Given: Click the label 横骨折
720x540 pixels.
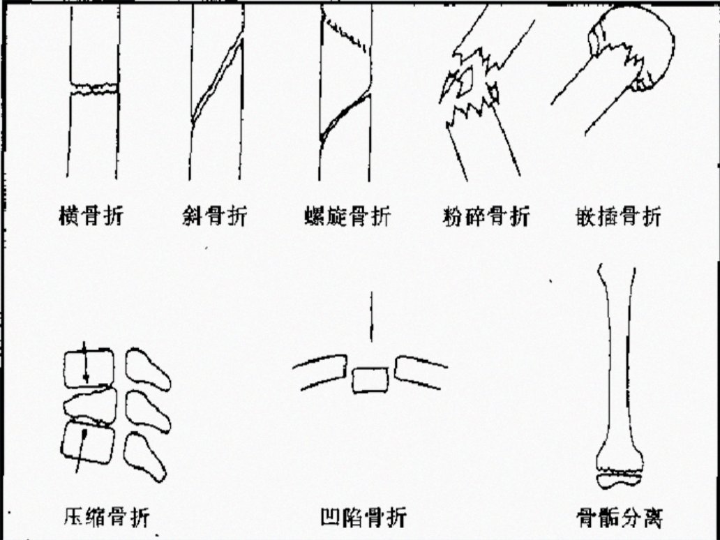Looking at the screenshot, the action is coord(91,216).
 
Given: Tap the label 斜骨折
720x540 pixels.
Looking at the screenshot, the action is coord(214,216).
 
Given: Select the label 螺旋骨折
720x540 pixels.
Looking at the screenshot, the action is coord(347,216).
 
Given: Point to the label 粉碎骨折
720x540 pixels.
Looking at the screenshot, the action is coord(486,216).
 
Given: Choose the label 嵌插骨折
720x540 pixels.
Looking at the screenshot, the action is coord(619,216).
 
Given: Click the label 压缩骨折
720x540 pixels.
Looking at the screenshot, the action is coord(107,516).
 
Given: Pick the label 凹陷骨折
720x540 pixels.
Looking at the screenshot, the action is coord(363,517).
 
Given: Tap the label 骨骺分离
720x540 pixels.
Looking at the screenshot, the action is coord(620,517).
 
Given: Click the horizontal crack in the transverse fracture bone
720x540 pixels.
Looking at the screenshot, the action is coord(94,88).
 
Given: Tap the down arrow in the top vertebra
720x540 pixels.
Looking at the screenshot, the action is coord(84,362).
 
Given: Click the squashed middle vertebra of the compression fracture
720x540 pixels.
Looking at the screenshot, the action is coord(90,405).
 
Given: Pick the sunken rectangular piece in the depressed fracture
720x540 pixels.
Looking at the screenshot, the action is coord(370,380).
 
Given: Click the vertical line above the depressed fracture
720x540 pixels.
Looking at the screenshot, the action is coord(371,316).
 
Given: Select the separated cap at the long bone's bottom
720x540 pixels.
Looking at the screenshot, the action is coord(619,481).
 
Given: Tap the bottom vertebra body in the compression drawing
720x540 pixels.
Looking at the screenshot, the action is coord(87,442).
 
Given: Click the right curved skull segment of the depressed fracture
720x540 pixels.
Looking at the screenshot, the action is coord(420,372).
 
